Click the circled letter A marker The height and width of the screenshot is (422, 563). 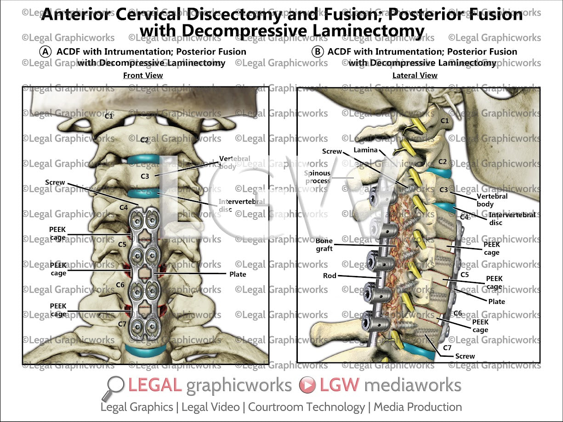pyautogui.click(x=45, y=52)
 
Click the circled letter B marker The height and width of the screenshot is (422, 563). pyautogui.click(x=317, y=52)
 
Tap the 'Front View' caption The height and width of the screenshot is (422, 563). pyautogui.click(x=143, y=75)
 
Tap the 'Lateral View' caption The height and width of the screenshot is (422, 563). pyautogui.click(x=415, y=75)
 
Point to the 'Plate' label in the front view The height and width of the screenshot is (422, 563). pyautogui.click(x=238, y=274)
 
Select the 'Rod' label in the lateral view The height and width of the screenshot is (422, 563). pyautogui.click(x=330, y=276)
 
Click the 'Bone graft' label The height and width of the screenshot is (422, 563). pyautogui.click(x=324, y=245)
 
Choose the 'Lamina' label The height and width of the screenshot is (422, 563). pyautogui.click(x=365, y=150)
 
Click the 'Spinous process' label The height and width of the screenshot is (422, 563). pyautogui.click(x=317, y=177)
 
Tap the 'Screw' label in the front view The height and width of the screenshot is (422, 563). pyautogui.click(x=55, y=182)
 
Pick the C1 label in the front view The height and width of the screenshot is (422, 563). pyautogui.click(x=109, y=116)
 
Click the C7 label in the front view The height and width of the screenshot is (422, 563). pyautogui.click(x=122, y=324)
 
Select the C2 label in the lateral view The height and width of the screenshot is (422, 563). pyautogui.click(x=443, y=162)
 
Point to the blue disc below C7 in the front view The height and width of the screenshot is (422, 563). pyautogui.click(x=145, y=353)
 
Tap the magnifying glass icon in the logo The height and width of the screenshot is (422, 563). pyautogui.click(x=115, y=387)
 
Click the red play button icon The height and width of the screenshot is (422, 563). pyautogui.click(x=307, y=385)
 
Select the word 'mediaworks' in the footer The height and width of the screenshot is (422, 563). pyautogui.click(x=412, y=385)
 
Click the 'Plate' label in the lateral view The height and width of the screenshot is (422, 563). pyautogui.click(x=496, y=302)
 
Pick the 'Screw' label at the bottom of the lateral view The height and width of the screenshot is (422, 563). pyautogui.click(x=465, y=356)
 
